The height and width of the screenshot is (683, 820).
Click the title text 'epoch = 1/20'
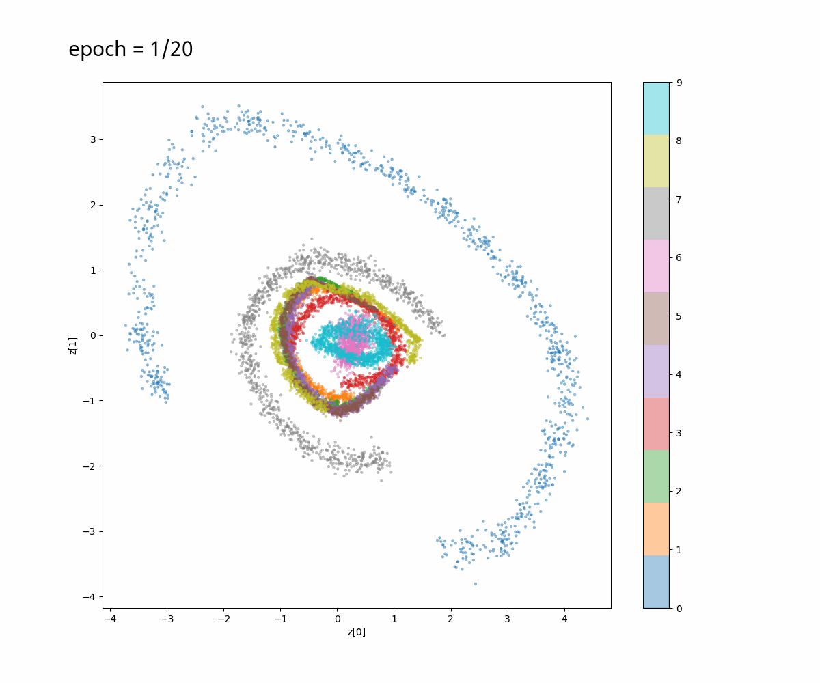click(131, 50)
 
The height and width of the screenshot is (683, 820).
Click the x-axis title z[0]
click(357, 632)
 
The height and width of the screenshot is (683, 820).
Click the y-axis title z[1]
click(73, 345)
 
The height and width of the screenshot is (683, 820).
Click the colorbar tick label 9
click(679, 83)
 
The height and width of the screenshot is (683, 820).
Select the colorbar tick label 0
click(679, 608)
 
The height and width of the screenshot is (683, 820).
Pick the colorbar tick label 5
click(679, 316)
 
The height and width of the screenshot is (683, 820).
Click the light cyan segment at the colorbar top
click(656, 108)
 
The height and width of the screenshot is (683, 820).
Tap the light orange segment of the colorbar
click(656, 529)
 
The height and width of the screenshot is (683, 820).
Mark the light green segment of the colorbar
click(656, 476)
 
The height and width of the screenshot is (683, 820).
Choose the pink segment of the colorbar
click(656, 266)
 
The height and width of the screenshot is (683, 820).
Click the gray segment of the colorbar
click(656, 213)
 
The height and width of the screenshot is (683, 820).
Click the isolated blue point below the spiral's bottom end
click(476, 584)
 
